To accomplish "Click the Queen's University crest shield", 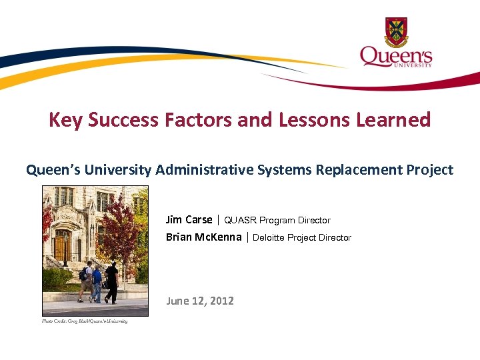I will click(396, 31).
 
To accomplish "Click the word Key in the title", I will click(65, 120).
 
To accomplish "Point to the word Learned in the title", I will click(398, 120).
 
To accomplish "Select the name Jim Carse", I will click(189, 220).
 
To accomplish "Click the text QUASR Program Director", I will click(277, 221).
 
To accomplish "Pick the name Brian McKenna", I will click(204, 237).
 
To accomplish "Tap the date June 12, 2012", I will click(200, 301).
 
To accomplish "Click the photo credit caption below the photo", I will click(85, 321).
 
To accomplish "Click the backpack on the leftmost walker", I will click(83, 273).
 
